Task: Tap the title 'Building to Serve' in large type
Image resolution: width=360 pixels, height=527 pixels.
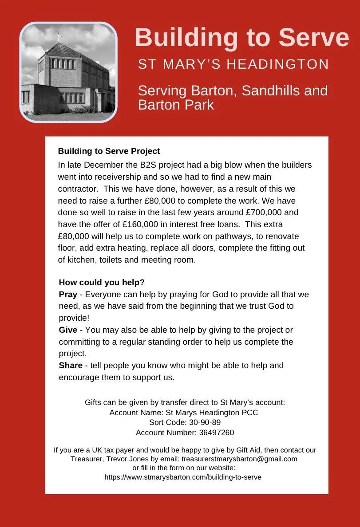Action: click(x=242, y=37)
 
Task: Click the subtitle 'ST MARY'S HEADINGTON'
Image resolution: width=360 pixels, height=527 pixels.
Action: click(x=233, y=64)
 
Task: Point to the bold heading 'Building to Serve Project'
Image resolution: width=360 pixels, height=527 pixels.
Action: click(x=109, y=151)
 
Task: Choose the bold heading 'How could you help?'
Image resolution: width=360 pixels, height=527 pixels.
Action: click(x=102, y=282)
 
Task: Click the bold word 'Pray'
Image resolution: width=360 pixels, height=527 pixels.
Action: click(x=68, y=294)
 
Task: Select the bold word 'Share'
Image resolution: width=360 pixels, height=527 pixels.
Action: click(x=71, y=366)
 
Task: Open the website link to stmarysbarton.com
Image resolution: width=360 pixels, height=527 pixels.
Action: click(x=183, y=477)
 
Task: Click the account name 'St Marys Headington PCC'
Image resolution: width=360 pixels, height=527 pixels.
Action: click(x=209, y=413)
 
